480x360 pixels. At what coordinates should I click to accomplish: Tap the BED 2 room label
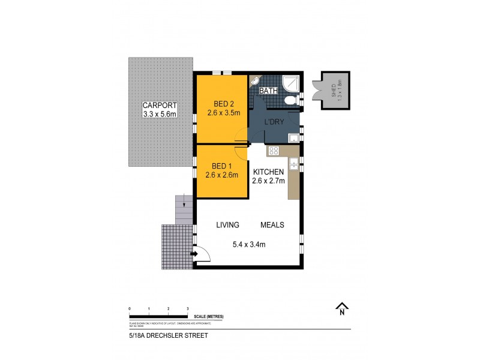[219, 103]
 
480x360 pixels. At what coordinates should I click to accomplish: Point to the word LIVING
[227, 225]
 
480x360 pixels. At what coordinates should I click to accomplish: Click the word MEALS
[272, 225]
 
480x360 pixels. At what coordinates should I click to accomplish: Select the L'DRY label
[274, 122]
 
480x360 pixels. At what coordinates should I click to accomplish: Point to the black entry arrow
[194, 254]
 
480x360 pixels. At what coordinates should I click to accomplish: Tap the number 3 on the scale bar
[187, 308]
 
